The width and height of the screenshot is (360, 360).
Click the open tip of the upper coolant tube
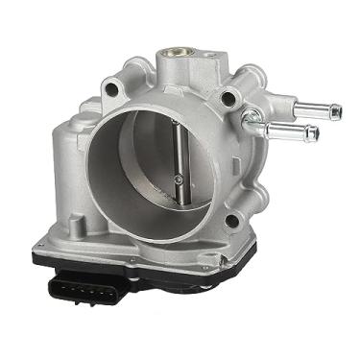click(334, 111)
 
